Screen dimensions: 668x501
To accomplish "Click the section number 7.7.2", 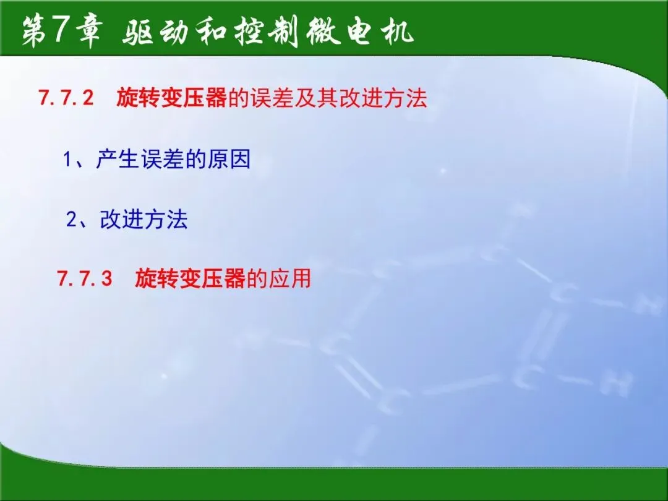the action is click(66, 98).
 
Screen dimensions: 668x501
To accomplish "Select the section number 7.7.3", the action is click(84, 278).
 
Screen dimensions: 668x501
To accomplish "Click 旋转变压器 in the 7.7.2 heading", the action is click(171, 98).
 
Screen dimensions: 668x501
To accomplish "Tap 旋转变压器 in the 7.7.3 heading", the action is click(190, 278).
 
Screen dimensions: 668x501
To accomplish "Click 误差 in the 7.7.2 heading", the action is click(272, 98).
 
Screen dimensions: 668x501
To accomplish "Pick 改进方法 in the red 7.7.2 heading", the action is click(383, 98).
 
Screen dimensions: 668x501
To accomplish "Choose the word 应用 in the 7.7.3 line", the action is click(289, 278).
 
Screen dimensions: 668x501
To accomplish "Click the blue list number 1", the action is click(67, 160).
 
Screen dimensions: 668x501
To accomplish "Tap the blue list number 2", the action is click(71, 220).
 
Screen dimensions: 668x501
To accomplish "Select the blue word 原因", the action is click(229, 160).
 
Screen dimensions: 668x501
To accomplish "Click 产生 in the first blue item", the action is click(118, 160).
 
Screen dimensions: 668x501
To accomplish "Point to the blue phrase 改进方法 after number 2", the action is click(143, 220).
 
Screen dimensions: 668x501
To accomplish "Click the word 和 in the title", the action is click(212, 32).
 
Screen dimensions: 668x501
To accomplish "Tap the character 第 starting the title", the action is click(35, 32).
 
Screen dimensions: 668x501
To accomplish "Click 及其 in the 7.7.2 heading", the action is click(315, 98).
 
